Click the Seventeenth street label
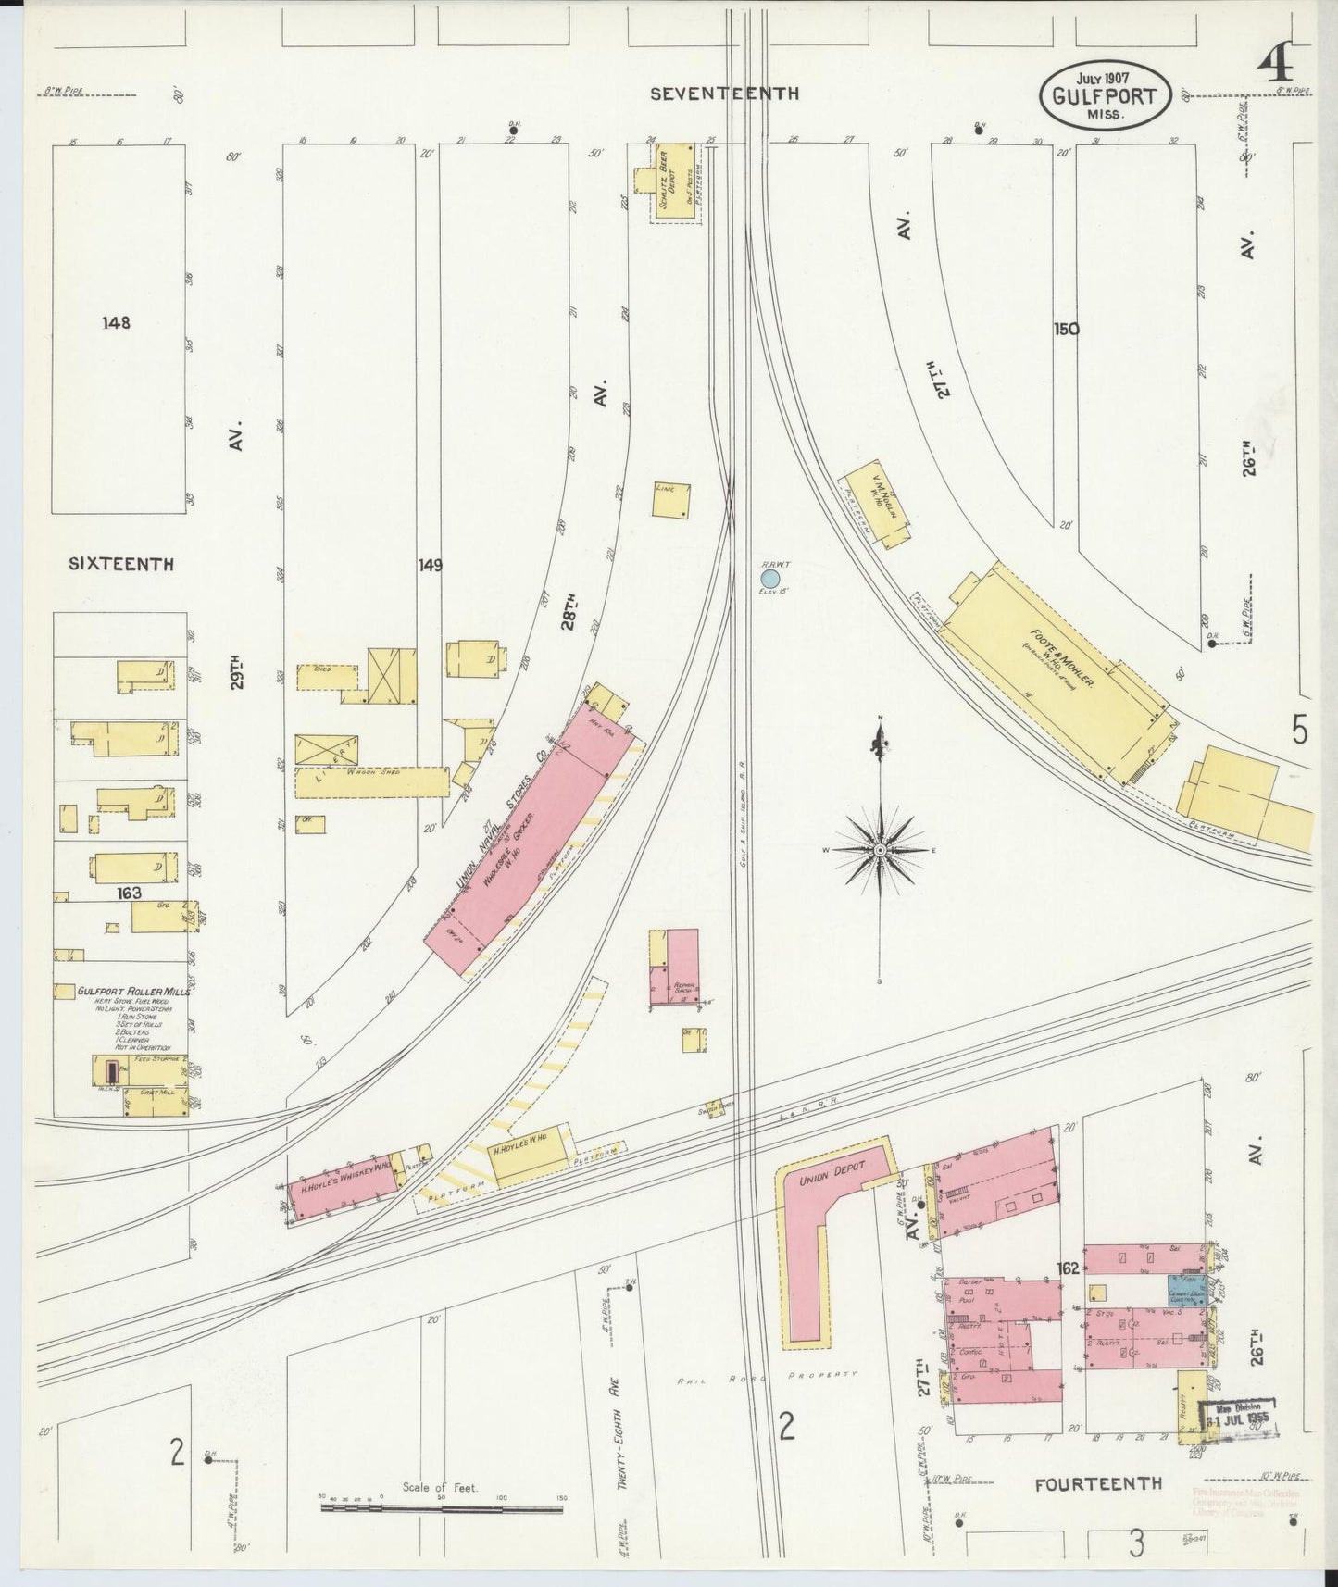point(723,93)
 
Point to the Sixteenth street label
point(120,563)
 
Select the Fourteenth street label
point(1097,1482)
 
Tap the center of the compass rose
point(880,849)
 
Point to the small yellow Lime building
point(670,500)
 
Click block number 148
point(117,323)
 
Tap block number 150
point(1066,329)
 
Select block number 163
point(129,893)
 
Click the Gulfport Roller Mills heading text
point(133,990)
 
